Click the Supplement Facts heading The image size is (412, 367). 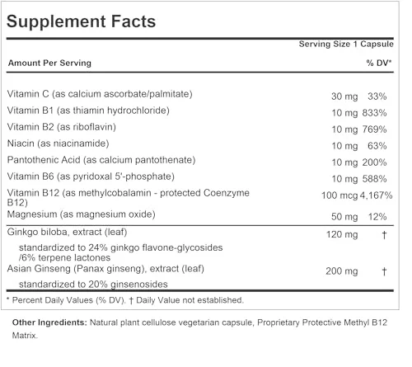coord(81,21)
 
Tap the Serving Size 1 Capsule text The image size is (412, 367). coord(346,44)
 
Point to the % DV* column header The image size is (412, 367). coord(379,63)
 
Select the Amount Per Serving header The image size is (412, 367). coord(49,63)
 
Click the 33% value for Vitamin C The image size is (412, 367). coord(377,96)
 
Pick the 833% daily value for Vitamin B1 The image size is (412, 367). coord(374,113)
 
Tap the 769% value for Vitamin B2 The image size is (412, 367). coord(374,129)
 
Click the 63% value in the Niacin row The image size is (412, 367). coord(377,146)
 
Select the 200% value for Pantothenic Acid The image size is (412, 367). coord(374,162)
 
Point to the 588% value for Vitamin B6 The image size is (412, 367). coord(374,179)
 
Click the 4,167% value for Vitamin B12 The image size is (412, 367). coord(376,195)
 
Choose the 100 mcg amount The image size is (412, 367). coord(339,195)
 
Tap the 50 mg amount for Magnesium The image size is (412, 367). coord(344,217)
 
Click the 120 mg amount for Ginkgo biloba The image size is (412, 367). coord(342,235)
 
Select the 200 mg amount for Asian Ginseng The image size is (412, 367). coord(342,271)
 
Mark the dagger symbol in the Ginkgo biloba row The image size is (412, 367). coord(384,235)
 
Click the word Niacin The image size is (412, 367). coord(21,144)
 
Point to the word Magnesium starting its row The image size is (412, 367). coord(32,214)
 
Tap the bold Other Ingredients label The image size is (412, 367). coord(49,322)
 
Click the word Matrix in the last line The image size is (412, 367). coord(25,336)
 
